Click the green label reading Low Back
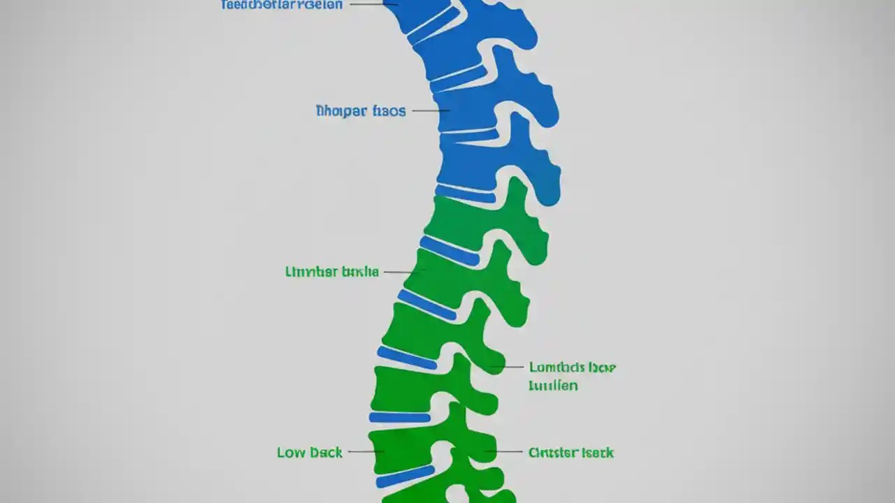pyautogui.click(x=310, y=453)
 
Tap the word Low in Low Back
pyautogui.click(x=290, y=453)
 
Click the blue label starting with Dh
pyautogui.click(x=360, y=111)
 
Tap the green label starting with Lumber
pyautogui.click(x=332, y=272)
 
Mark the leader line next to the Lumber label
pyautogui.click(x=401, y=272)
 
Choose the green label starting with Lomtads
pyautogui.click(x=572, y=367)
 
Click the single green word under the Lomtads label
pyautogui.click(x=553, y=385)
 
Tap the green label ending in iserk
pyautogui.click(x=571, y=453)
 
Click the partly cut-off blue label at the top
pyautogui.click(x=282, y=5)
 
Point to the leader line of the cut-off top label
pyautogui.click(x=371, y=3)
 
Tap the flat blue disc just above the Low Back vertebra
pyautogui.click(x=400, y=418)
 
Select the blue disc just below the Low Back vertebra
pyautogui.click(x=404, y=477)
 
